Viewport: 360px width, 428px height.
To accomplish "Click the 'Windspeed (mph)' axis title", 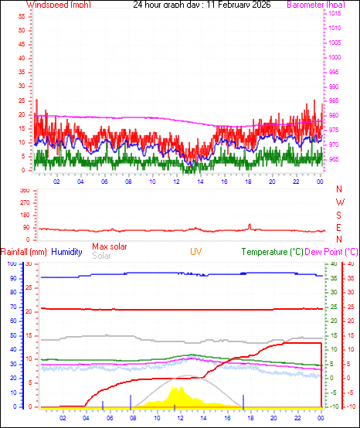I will tap(58, 5).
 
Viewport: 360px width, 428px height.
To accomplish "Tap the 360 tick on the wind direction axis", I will tap(24, 190).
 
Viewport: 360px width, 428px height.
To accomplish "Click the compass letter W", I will tap(339, 202).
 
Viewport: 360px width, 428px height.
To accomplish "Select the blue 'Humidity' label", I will tap(67, 252).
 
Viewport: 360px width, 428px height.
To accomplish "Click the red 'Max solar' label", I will tap(110, 246).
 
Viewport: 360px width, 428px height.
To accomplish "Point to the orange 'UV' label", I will tap(197, 252).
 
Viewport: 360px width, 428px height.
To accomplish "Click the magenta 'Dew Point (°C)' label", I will tap(332, 252).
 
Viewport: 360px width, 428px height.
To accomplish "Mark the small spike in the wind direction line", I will tap(250, 225).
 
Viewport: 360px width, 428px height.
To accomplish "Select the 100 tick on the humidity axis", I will tap(11, 264).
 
